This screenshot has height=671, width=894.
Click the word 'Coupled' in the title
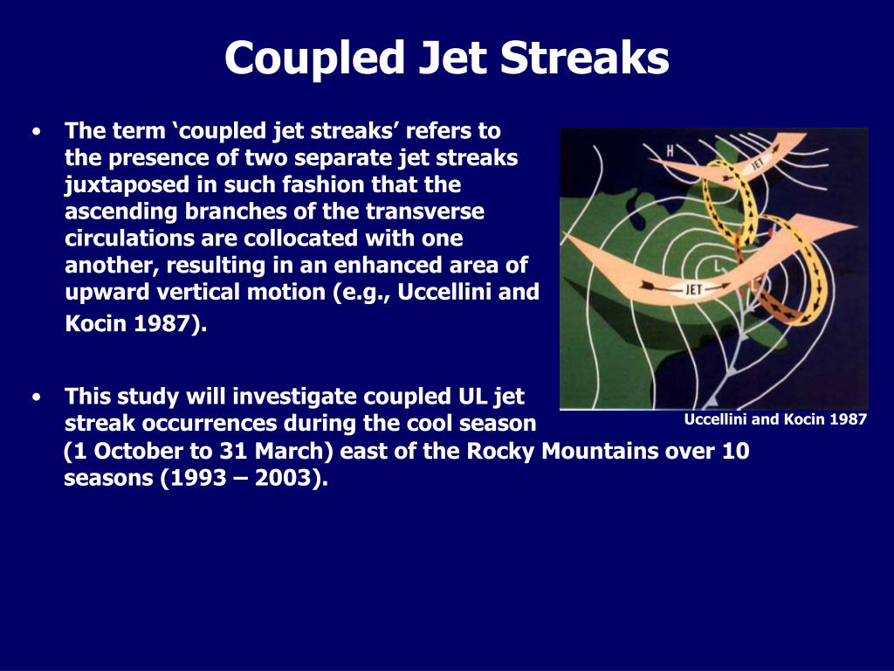pos(314,59)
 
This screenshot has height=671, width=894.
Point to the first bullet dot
pos(37,132)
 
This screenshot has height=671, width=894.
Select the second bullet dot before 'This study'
pos(37,398)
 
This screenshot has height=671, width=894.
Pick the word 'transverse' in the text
pos(425,211)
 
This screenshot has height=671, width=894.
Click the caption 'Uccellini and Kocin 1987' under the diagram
pos(775,420)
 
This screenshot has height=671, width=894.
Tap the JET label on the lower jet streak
pos(692,289)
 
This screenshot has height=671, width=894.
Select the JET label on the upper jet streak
pos(757,164)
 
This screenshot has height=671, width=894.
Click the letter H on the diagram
pos(671,150)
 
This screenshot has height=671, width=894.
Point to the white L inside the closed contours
pos(718,265)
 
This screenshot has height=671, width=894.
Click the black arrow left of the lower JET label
pos(655,285)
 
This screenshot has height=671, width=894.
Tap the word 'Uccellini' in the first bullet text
pos(444,292)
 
